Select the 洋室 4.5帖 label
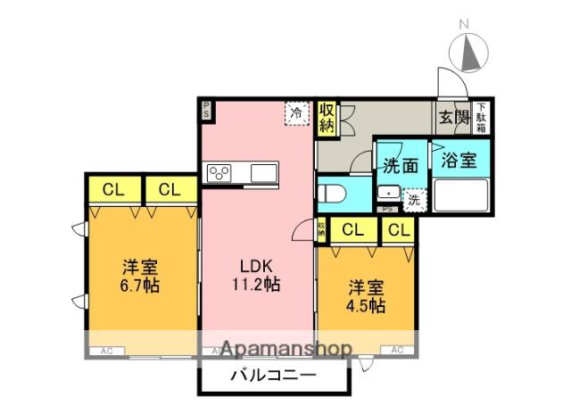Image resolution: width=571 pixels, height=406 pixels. [366, 296]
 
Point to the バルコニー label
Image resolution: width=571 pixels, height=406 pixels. [272, 376]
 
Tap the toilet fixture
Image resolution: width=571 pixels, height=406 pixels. [335, 192]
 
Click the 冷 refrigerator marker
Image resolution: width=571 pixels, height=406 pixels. [296, 113]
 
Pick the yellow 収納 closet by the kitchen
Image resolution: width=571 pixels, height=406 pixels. [327, 118]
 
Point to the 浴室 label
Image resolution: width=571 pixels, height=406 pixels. [459, 162]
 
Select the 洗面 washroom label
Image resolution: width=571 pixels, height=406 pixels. [401, 165]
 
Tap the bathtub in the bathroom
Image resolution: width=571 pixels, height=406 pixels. [460, 195]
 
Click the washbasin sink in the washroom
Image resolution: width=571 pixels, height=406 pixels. [388, 193]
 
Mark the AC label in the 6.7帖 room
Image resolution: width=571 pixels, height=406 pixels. [106, 351]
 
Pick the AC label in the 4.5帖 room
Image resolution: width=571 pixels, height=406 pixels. [399, 351]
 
